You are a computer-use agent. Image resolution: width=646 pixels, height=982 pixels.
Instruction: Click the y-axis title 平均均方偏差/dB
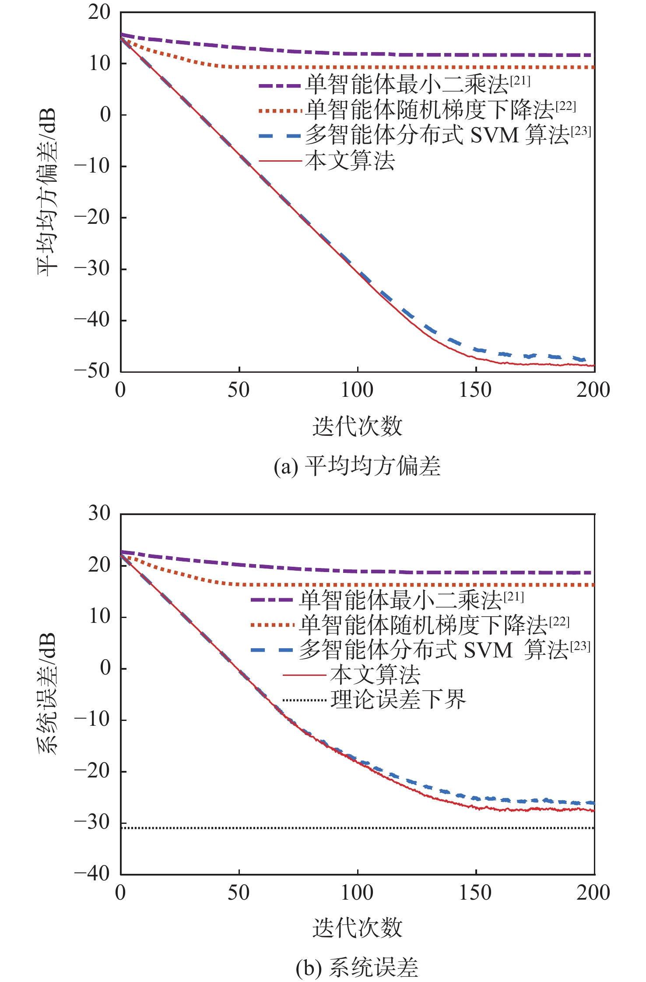(x=47, y=192)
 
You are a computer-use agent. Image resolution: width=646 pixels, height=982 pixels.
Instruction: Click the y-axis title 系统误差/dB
(x=47, y=693)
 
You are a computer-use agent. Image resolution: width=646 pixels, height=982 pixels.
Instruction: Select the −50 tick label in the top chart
(x=92, y=371)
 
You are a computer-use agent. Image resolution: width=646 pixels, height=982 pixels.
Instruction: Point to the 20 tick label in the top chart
(x=99, y=12)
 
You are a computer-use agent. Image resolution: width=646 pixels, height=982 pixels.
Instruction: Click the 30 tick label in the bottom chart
(x=99, y=513)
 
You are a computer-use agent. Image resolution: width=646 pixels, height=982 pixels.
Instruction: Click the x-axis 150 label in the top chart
(x=475, y=390)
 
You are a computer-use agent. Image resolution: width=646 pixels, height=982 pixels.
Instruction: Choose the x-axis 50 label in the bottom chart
(x=239, y=892)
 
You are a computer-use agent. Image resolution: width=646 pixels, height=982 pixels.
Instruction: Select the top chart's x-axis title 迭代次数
(x=357, y=426)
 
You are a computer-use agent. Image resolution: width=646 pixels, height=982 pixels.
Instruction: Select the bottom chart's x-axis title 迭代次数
(x=357, y=928)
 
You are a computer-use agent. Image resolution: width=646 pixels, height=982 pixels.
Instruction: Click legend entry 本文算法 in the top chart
(x=350, y=161)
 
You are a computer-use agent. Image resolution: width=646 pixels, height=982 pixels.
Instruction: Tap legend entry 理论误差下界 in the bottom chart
(x=398, y=699)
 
